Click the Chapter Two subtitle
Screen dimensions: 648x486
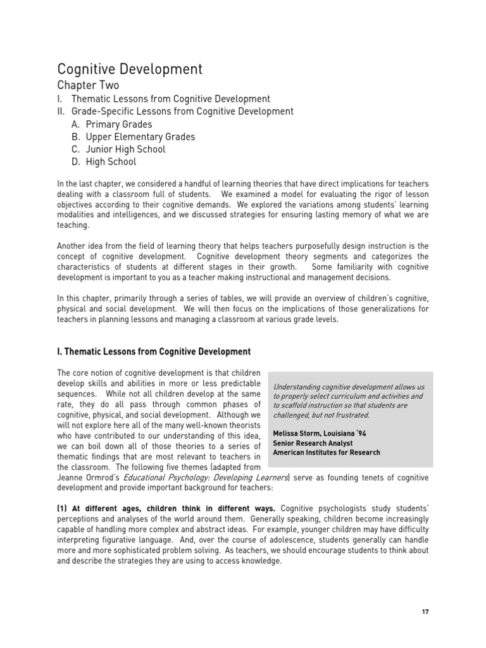point(88,85)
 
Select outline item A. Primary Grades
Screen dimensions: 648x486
point(111,124)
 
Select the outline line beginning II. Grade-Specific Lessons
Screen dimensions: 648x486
point(175,111)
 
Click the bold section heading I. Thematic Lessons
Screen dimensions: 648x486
point(154,352)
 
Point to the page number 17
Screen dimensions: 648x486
point(425,611)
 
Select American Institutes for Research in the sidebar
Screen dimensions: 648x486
point(327,452)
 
